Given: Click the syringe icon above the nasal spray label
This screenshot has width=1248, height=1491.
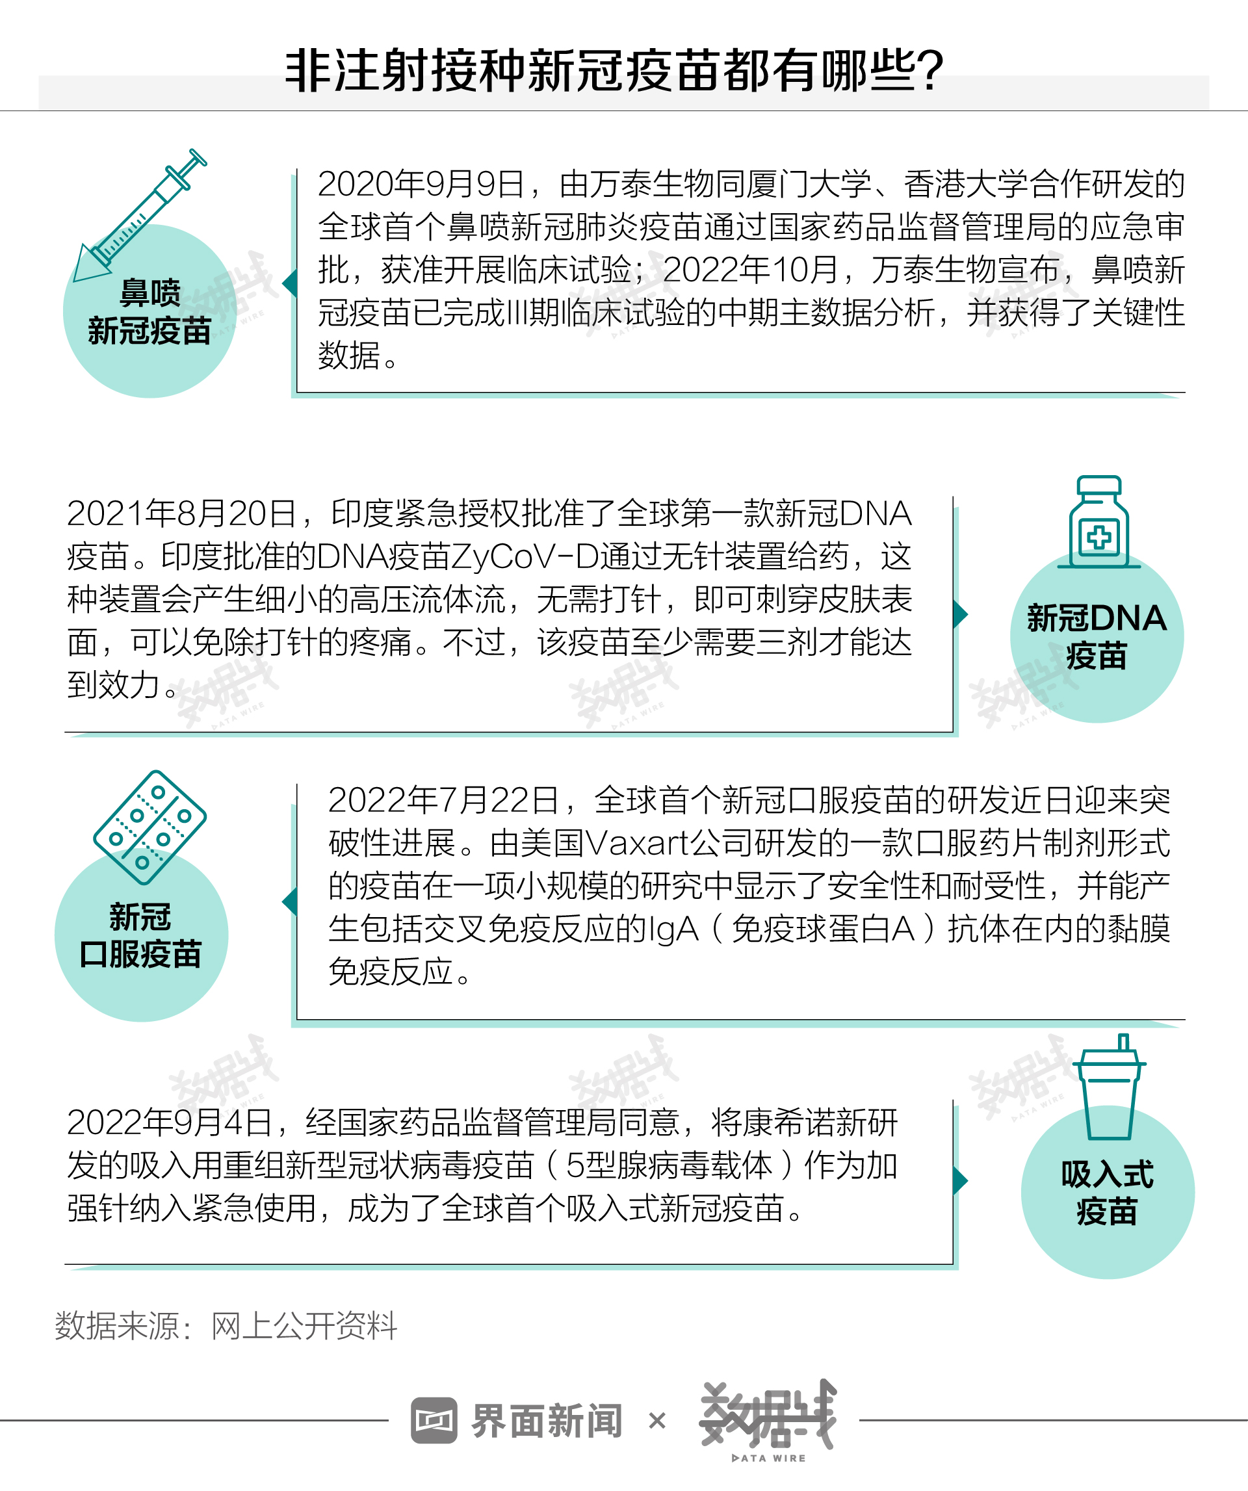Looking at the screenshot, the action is tap(140, 215).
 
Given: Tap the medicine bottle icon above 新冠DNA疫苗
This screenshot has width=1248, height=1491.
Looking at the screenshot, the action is tap(1098, 522).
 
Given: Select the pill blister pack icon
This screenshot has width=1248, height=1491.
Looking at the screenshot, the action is tap(149, 827).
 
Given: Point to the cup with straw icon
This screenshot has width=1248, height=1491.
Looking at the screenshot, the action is tap(1109, 1086).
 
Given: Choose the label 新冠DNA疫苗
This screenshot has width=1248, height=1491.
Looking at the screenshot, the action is tap(1097, 637).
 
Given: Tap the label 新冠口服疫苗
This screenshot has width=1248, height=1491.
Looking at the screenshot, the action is tap(140, 936).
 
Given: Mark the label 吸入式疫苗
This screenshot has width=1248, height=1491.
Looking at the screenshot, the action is tap(1108, 1193).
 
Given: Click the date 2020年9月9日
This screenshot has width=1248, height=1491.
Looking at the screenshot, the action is tap(421, 185).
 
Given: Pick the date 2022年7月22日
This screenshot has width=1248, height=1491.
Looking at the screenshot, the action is tap(444, 800).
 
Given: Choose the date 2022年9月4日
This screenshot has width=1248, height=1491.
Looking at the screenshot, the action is tap(170, 1122).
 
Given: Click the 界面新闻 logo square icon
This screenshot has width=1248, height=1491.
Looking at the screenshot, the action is tap(434, 1421).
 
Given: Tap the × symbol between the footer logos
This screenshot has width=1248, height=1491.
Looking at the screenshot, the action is tap(657, 1421).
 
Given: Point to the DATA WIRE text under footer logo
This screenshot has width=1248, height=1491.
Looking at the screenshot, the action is tap(769, 1459).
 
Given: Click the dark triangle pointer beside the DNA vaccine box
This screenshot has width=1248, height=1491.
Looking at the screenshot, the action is tap(961, 614).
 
